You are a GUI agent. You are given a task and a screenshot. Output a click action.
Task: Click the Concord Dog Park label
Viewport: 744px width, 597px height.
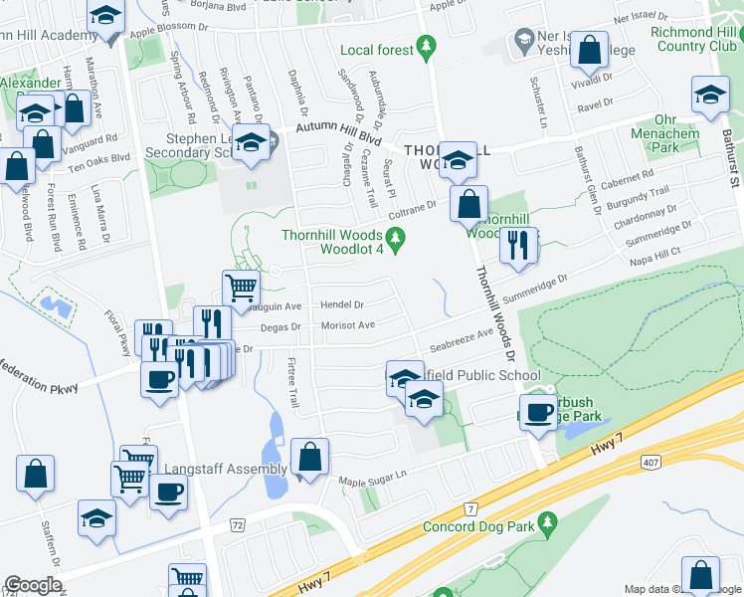(x=478, y=526)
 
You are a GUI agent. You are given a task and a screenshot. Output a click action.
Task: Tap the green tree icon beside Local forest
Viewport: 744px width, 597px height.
(x=428, y=46)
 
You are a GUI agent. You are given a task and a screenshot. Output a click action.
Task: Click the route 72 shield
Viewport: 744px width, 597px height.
(x=237, y=523)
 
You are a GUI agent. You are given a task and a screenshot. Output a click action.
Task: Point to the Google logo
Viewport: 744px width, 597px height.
(x=33, y=585)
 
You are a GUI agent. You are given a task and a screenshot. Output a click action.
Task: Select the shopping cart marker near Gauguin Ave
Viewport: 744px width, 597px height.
(x=242, y=289)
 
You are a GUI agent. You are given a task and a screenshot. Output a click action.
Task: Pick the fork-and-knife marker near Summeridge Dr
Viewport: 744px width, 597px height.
(x=517, y=246)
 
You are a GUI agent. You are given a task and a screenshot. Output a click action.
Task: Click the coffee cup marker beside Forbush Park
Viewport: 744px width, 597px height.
(x=539, y=411)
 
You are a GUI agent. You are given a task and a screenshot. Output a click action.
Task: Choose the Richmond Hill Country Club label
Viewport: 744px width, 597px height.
(x=694, y=39)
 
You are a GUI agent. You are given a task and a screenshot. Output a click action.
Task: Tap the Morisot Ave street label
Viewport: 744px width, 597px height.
(x=347, y=325)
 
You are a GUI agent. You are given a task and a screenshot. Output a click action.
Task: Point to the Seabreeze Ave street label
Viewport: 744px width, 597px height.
(x=462, y=341)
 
